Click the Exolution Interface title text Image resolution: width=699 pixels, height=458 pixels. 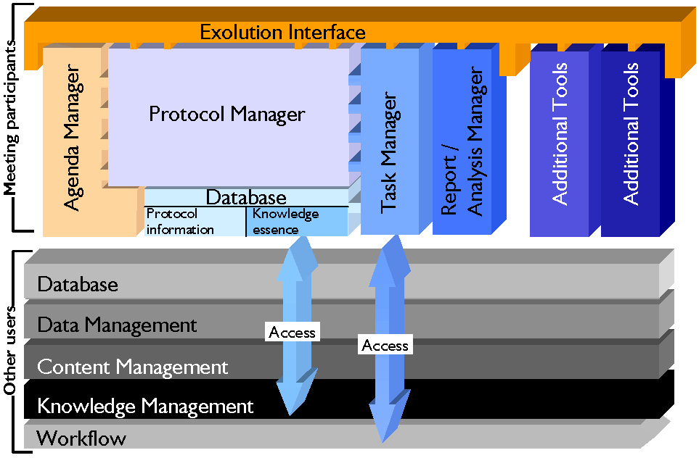pyautogui.click(x=282, y=32)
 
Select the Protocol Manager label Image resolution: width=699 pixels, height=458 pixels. pyautogui.click(x=227, y=114)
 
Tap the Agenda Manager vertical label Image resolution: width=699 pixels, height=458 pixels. pyautogui.click(x=72, y=137)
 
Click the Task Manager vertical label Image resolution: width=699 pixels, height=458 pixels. pyautogui.click(x=390, y=152)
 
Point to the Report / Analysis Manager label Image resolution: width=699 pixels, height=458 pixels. pyautogui.click(x=462, y=141)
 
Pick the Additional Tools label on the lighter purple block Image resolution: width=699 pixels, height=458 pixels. pyautogui.click(x=560, y=133)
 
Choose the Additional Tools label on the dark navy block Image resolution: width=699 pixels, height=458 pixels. pyautogui.click(x=631, y=133)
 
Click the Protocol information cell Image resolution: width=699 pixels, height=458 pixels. pyautogui.click(x=180, y=222)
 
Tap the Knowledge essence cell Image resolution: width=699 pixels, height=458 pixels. pyautogui.click(x=286, y=222)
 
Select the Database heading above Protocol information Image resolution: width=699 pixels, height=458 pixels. pyautogui.click(x=246, y=198)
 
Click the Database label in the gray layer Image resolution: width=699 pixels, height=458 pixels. pyautogui.click(x=78, y=284)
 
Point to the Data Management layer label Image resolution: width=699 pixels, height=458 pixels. pyautogui.click(x=117, y=325)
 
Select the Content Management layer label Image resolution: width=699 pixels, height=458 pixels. pyautogui.click(x=132, y=367)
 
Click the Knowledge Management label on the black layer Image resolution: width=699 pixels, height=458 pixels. pyautogui.click(x=145, y=407)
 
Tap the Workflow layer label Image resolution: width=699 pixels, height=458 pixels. pyautogui.click(x=81, y=438)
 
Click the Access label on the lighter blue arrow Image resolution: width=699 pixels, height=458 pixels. pyautogui.click(x=293, y=332)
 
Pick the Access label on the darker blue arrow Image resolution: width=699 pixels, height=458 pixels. pyautogui.click(x=385, y=345)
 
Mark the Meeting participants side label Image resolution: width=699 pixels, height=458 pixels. pyautogui.click(x=10, y=118)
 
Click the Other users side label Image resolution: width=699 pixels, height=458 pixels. pyautogui.click(x=10, y=350)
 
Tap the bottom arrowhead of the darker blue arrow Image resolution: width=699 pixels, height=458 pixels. pyautogui.click(x=383, y=441)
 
